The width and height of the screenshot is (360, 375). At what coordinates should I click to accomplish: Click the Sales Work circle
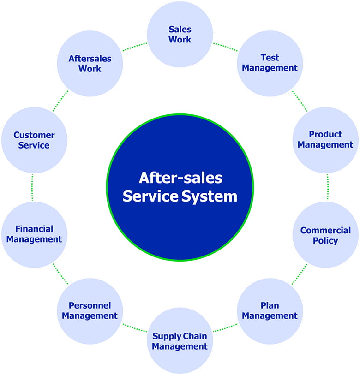pyautogui.click(x=180, y=34)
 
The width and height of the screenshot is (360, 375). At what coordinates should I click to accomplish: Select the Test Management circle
pyautogui.click(x=270, y=63)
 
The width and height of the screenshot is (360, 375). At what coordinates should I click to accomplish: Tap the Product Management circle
pyautogui.click(x=325, y=140)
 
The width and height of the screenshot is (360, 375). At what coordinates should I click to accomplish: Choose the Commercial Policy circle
pyautogui.click(x=325, y=235)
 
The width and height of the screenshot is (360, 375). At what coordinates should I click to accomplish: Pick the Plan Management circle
pyautogui.click(x=270, y=311)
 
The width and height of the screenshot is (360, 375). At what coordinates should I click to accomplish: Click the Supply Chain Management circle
pyautogui.click(x=180, y=341)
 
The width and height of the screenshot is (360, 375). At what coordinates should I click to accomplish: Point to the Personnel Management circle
pyautogui.click(x=90, y=311)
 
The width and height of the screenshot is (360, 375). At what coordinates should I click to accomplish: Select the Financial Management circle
pyautogui.click(x=34, y=234)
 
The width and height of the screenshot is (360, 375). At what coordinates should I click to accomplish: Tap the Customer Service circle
pyautogui.click(x=34, y=140)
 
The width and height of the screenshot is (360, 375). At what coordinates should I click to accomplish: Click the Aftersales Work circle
pyautogui.click(x=90, y=64)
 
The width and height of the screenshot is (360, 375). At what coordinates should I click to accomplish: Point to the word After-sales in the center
pyautogui.click(x=180, y=178)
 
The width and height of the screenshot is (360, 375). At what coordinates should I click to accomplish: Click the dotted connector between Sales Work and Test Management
pyautogui.click(x=225, y=47)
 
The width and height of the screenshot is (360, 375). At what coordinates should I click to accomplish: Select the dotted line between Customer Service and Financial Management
pyautogui.click(x=32, y=187)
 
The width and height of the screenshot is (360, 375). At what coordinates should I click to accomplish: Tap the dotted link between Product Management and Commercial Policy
pyautogui.click(x=327, y=187)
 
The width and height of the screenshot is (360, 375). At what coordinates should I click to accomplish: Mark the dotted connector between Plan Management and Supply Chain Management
pyautogui.click(x=225, y=328)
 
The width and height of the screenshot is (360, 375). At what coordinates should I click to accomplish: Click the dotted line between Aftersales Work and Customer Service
pyautogui.click(x=60, y=101)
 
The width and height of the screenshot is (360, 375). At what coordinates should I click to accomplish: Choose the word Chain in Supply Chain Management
pyautogui.click(x=195, y=336)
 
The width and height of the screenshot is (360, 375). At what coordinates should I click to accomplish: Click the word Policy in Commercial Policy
pyautogui.click(x=325, y=240)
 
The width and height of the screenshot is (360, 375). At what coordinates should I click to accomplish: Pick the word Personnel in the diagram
pyautogui.click(x=90, y=305)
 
